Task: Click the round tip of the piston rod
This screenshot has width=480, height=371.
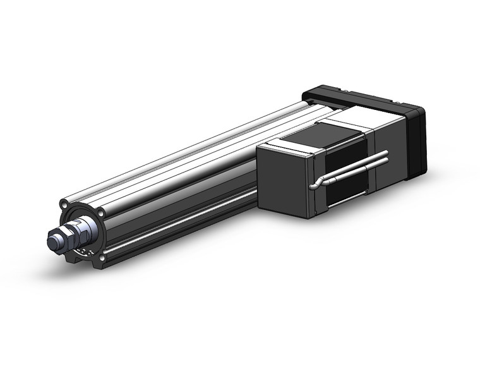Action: tap(52, 240)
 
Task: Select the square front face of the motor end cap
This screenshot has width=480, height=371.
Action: tap(284, 183)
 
